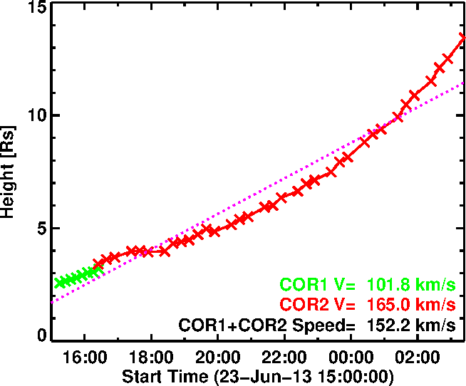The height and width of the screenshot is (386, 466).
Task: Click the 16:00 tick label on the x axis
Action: click(x=85, y=355)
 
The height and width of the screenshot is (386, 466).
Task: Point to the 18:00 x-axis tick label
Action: click(x=151, y=355)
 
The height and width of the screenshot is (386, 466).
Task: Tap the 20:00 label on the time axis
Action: click(x=217, y=355)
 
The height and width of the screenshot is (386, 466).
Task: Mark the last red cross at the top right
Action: click(x=462, y=38)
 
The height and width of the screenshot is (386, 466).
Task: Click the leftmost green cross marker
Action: click(x=60, y=283)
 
